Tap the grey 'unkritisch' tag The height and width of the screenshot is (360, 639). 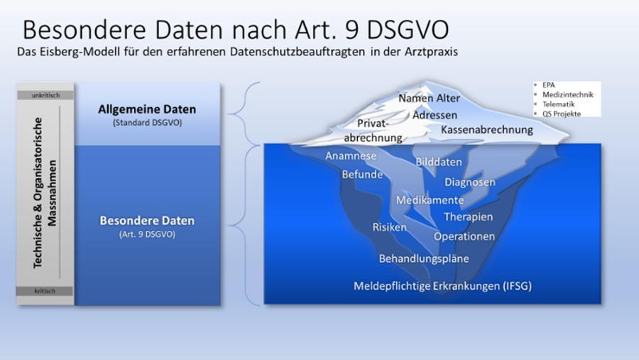coord(45,95)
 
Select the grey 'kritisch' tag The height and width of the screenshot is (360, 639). coord(45,290)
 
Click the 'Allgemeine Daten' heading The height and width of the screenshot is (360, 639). coord(147,109)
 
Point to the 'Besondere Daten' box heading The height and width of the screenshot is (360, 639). coord(147,221)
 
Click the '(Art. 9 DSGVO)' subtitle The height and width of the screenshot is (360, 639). coord(147,234)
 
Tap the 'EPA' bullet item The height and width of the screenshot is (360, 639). coord(549,85)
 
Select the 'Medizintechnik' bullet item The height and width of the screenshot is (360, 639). coord(568,94)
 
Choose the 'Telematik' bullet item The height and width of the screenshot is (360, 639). coord(558,104)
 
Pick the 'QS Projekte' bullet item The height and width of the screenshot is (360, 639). coord(562,114)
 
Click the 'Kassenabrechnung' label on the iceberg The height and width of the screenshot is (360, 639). coord(487,130)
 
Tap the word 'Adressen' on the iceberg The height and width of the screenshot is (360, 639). coord(435,115)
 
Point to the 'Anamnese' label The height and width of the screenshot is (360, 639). coord(351,156)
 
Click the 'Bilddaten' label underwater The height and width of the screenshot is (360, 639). coord(439,162)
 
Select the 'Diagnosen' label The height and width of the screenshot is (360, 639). coord(470,182)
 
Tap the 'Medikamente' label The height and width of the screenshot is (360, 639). coord(430,200)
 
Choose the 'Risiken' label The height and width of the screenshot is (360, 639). coord(390,227)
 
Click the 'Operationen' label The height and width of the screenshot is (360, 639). coord(464,236)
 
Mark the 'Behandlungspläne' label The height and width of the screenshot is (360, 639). coord(424,258)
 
